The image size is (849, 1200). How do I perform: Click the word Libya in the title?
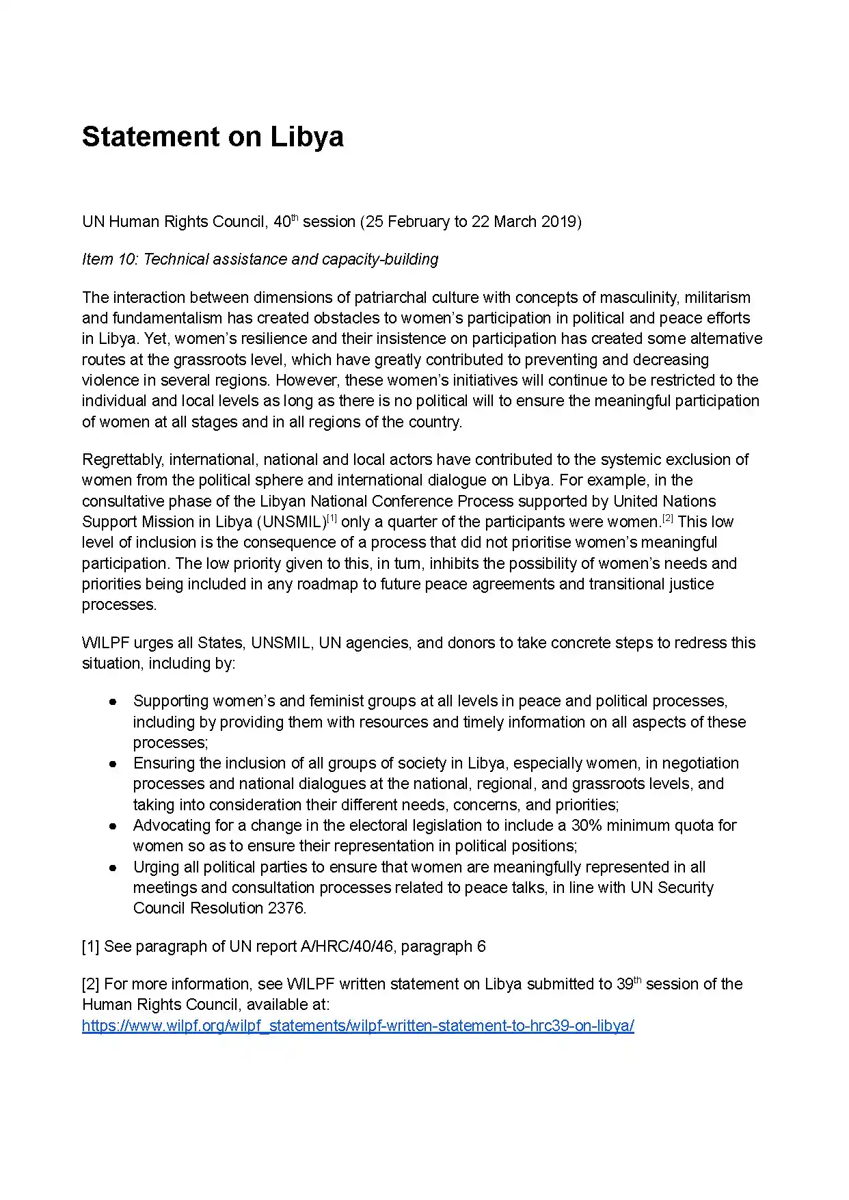click(307, 137)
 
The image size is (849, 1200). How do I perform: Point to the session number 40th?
click(286, 222)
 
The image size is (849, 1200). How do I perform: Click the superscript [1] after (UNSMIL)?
click(332, 518)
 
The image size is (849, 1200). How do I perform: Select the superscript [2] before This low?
click(667, 518)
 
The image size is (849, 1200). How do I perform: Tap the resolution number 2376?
click(286, 908)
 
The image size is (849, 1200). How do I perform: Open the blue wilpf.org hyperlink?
click(358, 1026)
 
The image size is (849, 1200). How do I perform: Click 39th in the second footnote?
click(628, 984)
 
